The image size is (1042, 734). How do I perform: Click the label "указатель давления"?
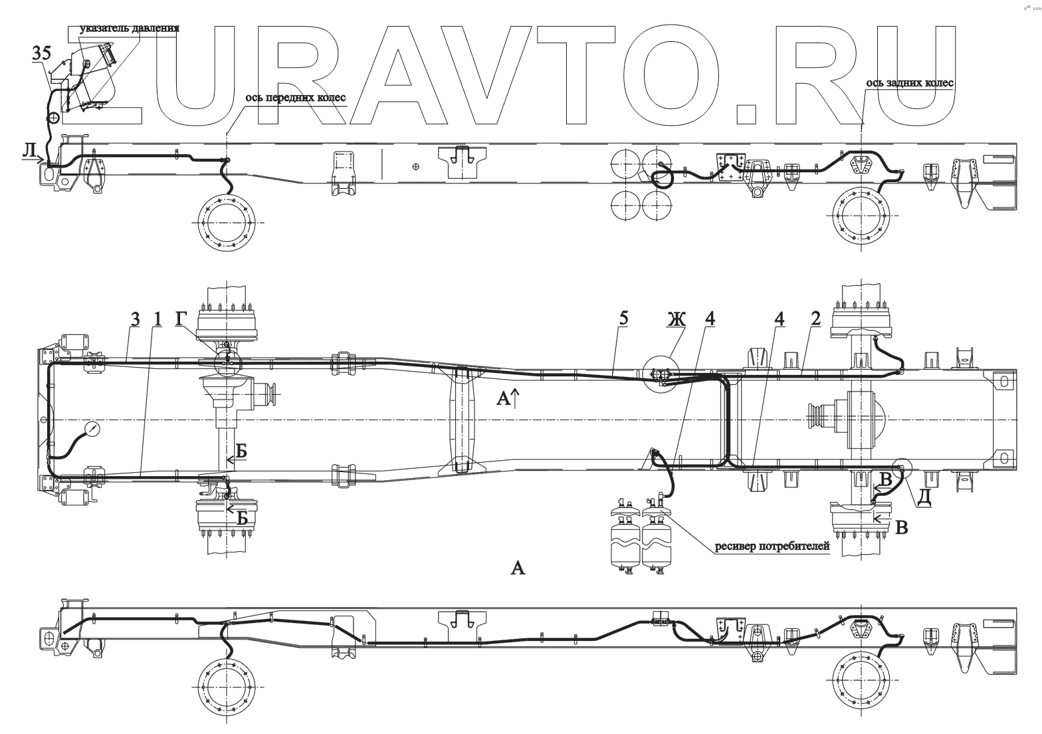[130, 29]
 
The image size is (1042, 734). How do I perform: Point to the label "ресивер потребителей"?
[772, 547]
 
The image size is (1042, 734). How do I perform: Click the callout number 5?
[623, 320]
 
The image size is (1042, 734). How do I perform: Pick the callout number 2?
[816, 320]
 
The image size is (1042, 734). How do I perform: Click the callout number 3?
[135, 320]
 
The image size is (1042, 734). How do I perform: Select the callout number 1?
[157, 320]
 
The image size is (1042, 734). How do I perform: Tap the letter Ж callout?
[677, 320]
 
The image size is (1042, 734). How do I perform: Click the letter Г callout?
[181, 320]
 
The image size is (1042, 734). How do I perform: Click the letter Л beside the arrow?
[29, 152]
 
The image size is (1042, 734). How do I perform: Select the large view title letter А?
[517, 567]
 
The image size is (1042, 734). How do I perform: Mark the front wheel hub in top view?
[227, 224]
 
